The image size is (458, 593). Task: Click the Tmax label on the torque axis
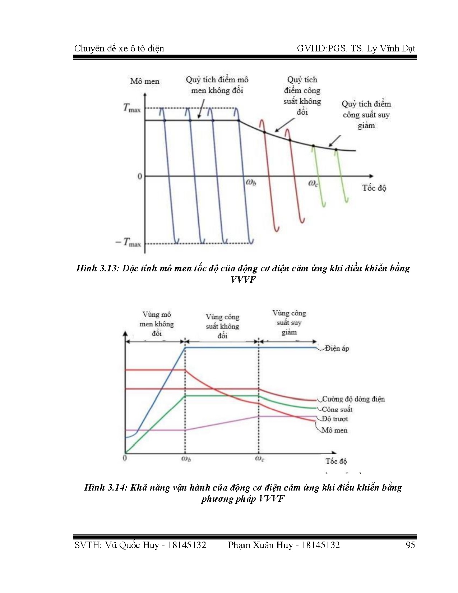(x=132, y=108)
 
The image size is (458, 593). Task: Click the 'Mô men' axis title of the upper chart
(x=144, y=81)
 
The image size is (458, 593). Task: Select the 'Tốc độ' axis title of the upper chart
(x=374, y=188)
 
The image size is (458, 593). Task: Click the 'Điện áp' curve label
(x=337, y=348)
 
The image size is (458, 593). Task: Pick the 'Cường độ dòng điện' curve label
(x=353, y=399)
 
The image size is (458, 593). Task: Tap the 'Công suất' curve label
(x=337, y=409)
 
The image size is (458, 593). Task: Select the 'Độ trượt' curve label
(x=335, y=419)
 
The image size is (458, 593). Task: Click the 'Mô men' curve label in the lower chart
(x=334, y=430)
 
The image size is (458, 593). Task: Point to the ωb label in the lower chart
(x=185, y=459)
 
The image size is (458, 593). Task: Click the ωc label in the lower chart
(x=259, y=459)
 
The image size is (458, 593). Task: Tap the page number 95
(x=410, y=545)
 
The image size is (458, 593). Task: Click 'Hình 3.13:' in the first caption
(x=97, y=268)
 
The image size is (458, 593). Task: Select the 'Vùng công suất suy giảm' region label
(x=289, y=322)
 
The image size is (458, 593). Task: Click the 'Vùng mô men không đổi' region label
(x=156, y=324)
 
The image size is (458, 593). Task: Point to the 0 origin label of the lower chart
(x=125, y=458)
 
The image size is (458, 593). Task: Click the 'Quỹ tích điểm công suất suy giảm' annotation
(x=366, y=115)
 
